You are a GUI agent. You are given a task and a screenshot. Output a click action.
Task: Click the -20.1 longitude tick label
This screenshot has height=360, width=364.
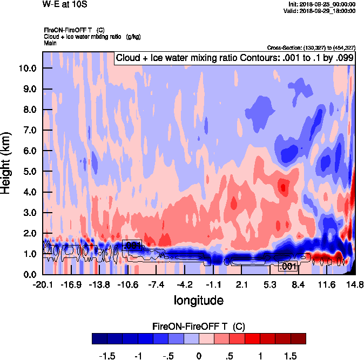[42, 284]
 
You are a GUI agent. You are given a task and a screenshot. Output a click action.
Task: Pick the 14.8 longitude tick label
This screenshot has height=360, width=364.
[355, 284]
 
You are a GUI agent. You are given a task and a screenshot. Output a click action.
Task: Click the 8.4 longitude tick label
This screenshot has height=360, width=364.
[299, 284]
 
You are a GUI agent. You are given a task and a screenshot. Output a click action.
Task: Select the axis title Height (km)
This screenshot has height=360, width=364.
[7, 164]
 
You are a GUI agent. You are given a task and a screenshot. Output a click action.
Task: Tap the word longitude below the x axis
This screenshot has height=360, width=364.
[199, 300]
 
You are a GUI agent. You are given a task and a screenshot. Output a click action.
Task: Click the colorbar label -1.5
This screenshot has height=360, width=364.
[107, 356]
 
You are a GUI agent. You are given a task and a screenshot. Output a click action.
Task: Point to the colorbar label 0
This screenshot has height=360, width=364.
[199, 356]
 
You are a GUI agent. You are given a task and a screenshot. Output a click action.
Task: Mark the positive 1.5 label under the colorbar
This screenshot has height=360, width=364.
[291, 356]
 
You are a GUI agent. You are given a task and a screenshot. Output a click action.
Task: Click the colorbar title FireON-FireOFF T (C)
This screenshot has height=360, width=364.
[199, 327]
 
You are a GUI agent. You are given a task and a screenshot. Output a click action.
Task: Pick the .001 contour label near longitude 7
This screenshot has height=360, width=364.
[287, 266]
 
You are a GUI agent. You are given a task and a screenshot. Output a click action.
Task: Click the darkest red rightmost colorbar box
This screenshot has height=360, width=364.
[298, 338]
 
